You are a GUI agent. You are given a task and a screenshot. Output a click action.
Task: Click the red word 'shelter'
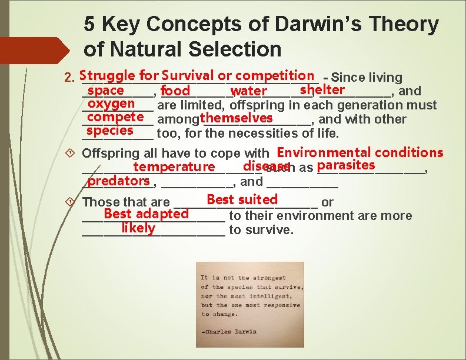[x=322, y=90]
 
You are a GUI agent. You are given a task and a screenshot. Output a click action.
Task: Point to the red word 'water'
[x=249, y=91]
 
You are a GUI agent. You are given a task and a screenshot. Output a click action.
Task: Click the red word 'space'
[x=105, y=91]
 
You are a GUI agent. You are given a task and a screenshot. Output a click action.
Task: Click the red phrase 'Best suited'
[x=242, y=200]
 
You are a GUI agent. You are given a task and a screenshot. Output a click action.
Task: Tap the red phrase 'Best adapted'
[x=146, y=214]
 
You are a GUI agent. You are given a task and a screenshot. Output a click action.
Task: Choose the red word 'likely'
[x=138, y=228]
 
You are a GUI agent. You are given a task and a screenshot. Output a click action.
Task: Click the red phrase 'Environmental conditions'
[x=360, y=152]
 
